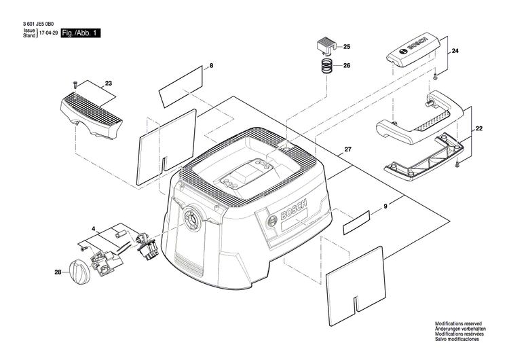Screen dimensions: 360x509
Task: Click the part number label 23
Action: [x=108, y=84]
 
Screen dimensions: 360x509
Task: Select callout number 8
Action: [x=211, y=65]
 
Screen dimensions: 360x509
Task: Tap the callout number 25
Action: [x=347, y=47]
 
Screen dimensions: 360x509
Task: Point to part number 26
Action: [x=347, y=66]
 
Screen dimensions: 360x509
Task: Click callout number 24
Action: [x=455, y=52]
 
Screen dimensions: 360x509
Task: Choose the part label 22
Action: [x=479, y=128]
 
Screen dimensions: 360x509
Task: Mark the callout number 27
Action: [x=348, y=149]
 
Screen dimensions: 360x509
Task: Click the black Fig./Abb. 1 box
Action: [x=80, y=33]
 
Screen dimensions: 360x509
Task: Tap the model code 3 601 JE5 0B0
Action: [x=39, y=23]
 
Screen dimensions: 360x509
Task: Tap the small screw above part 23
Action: [x=75, y=84]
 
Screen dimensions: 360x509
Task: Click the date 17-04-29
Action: [x=48, y=33]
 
